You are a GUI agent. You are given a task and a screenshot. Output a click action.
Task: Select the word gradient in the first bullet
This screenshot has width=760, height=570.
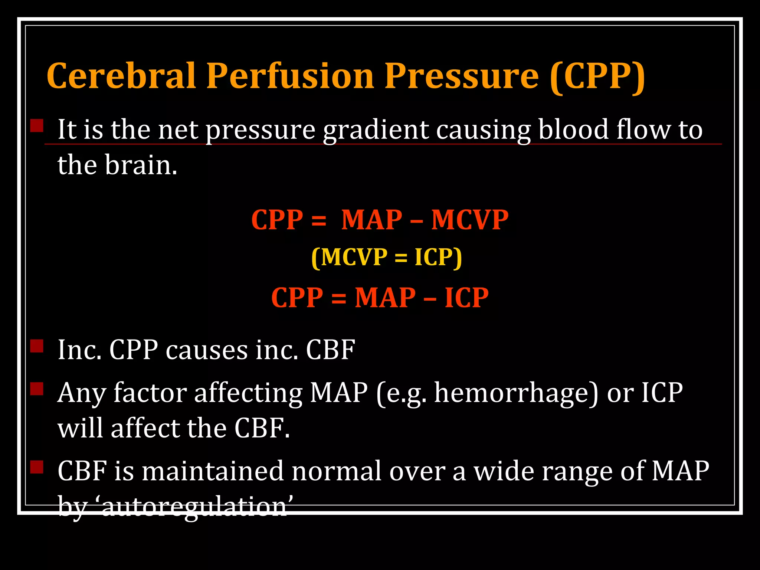click(375, 130)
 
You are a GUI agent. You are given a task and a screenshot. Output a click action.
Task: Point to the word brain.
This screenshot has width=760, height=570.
click(141, 165)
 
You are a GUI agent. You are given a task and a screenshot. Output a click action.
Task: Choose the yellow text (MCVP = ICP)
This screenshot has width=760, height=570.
click(387, 257)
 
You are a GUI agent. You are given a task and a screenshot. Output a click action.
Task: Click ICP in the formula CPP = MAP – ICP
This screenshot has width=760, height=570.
click(466, 298)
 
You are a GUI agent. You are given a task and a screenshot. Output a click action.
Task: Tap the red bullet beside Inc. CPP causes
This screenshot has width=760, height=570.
click(37, 346)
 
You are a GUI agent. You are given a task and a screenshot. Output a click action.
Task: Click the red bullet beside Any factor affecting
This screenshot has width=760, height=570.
click(37, 389)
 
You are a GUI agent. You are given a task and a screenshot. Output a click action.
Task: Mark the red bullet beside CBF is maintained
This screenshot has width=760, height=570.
click(37, 467)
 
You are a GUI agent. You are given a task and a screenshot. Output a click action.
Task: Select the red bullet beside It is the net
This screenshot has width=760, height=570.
click(37, 125)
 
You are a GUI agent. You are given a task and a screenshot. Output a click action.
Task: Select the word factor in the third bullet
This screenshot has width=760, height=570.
click(150, 393)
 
